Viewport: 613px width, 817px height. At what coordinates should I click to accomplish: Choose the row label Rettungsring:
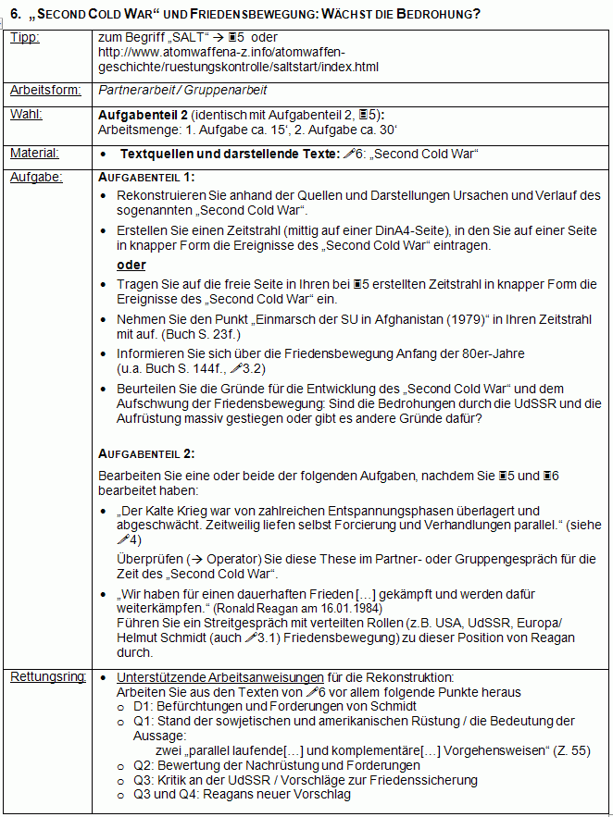(45, 677)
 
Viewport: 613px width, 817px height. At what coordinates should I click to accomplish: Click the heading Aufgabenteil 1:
(146, 177)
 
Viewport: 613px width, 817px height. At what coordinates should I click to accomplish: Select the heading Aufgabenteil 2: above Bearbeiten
(146, 453)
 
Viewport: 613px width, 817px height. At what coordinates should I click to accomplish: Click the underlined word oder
(131, 265)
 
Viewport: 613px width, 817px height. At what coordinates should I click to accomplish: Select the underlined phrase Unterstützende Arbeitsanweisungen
(220, 677)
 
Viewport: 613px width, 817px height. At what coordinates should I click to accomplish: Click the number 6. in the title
(16, 14)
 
